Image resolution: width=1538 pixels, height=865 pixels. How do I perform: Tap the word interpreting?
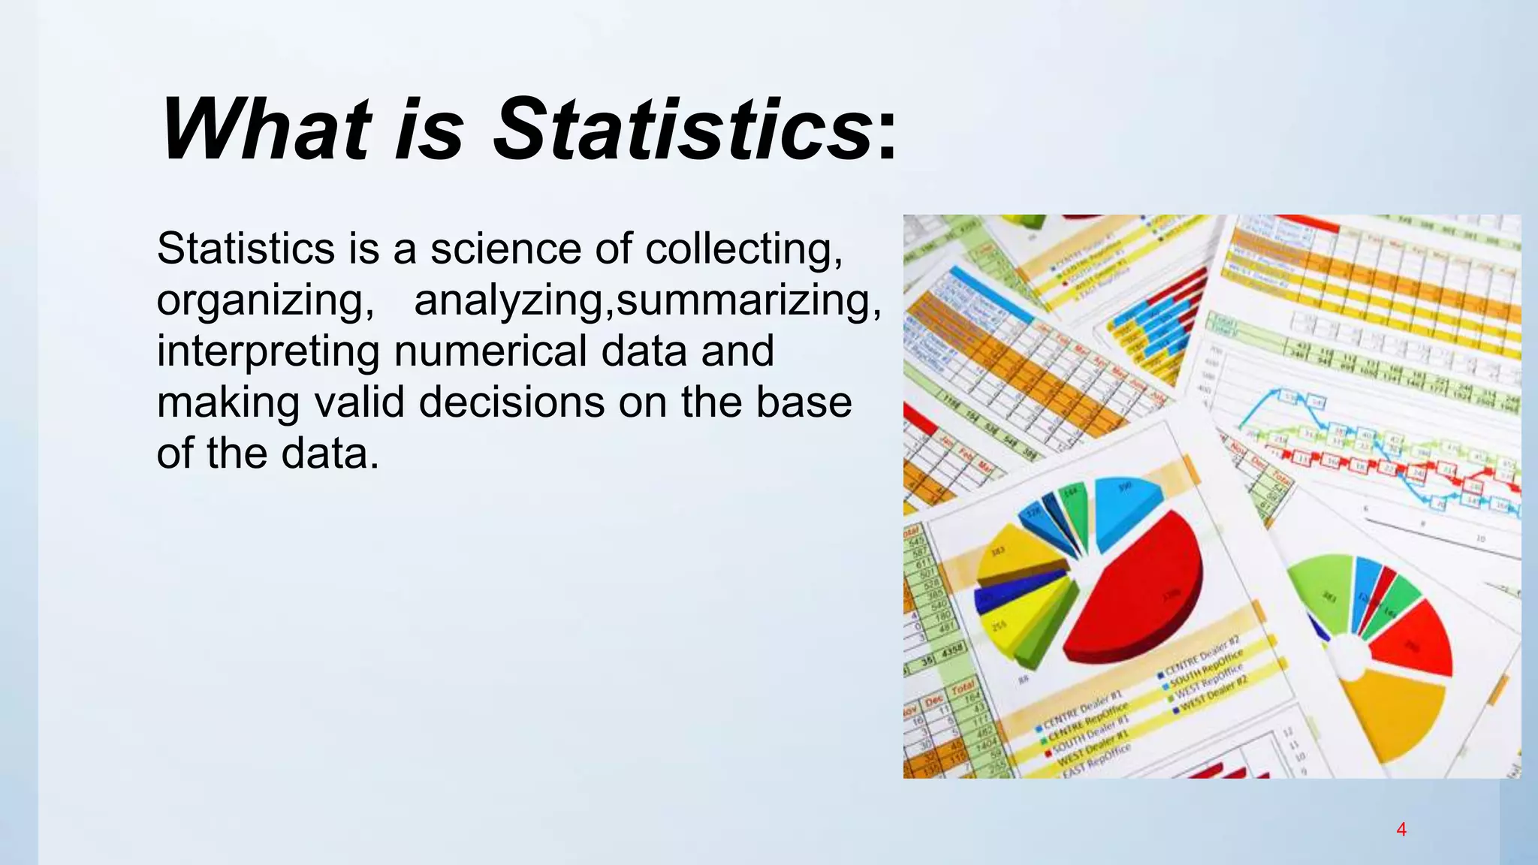coord(268,351)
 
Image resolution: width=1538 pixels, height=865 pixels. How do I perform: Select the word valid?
coord(360,402)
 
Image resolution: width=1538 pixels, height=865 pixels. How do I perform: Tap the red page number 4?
coord(1401,830)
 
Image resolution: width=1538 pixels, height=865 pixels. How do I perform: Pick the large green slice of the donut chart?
coord(1325,593)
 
